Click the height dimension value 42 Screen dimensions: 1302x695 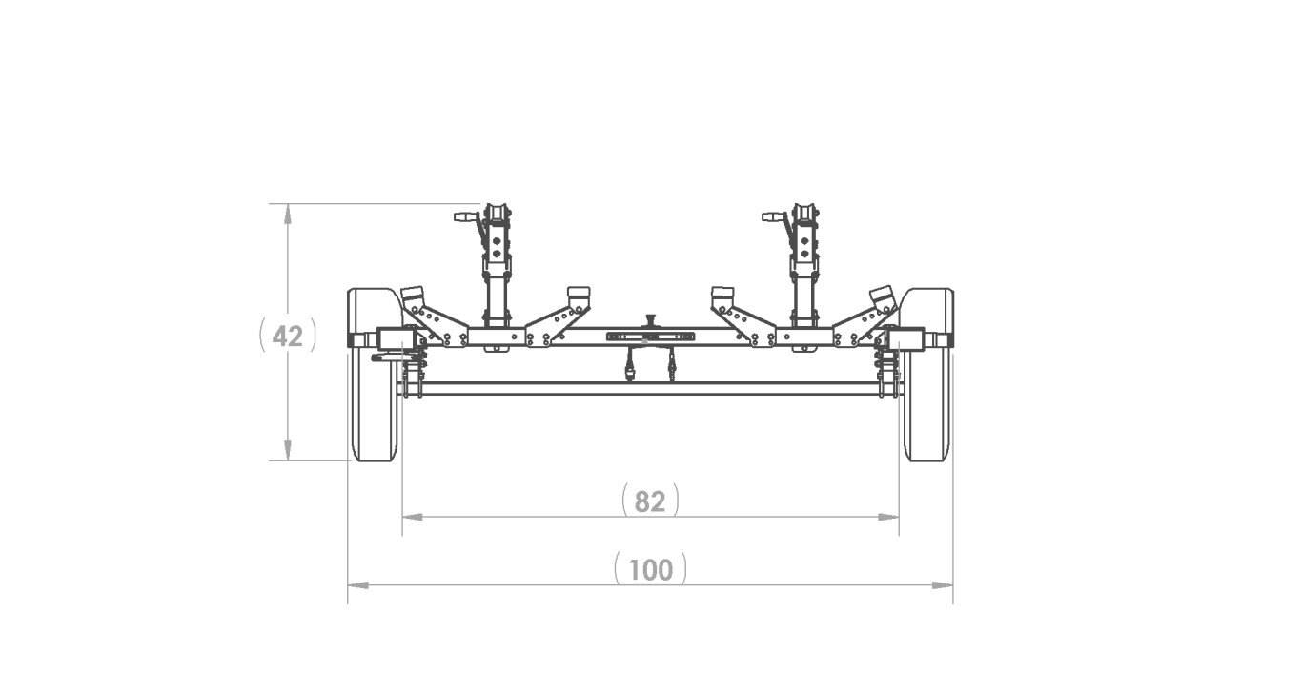[x=288, y=337]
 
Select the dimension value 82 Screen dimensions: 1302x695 [x=650, y=501]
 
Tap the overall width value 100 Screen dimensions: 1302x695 [x=650, y=570]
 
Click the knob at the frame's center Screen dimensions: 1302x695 [x=650, y=319]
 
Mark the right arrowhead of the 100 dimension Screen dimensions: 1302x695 [x=943, y=585]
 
